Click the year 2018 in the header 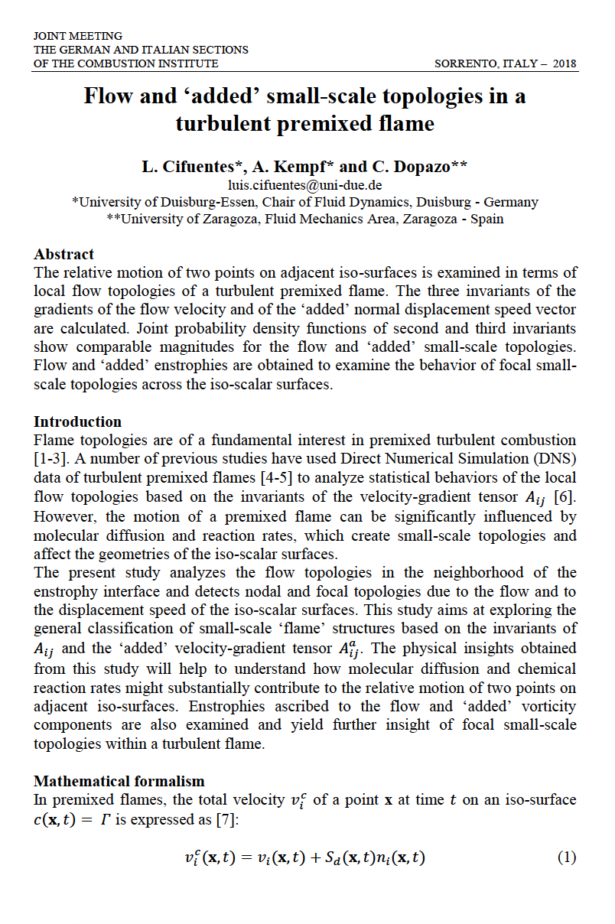[564, 63]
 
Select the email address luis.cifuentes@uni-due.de [305, 185]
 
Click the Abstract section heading [64, 255]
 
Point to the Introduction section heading [77, 421]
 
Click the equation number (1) [566, 857]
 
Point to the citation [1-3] [53, 458]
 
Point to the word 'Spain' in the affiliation [487, 219]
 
